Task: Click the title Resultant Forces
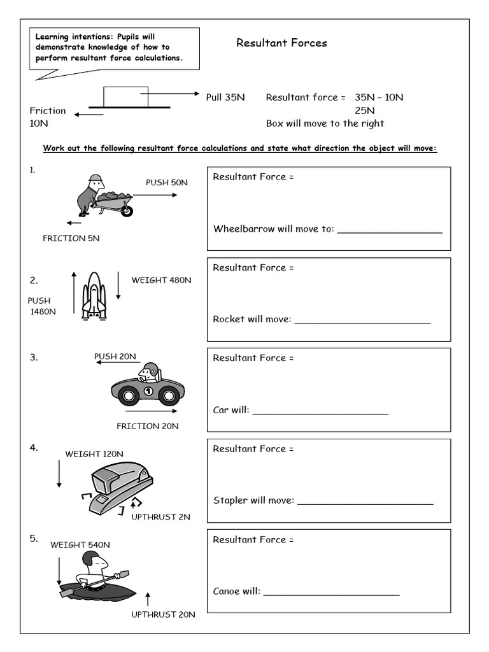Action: tap(281, 43)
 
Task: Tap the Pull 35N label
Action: tap(225, 97)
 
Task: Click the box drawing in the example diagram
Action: tap(125, 96)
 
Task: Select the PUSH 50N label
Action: tap(167, 182)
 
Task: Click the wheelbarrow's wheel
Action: tap(127, 210)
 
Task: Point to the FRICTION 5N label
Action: tap(71, 238)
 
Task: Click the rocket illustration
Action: tap(94, 295)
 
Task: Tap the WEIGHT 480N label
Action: tap(161, 280)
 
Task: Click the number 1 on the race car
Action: tap(148, 390)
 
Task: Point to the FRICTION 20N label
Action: tap(147, 426)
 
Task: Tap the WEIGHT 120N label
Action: tap(94, 454)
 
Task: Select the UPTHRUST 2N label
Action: tap(160, 517)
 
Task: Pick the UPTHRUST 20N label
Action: tap(163, 614)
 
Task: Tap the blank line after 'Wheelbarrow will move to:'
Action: tap(389, 231)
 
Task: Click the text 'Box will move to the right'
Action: tap(325, 124)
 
